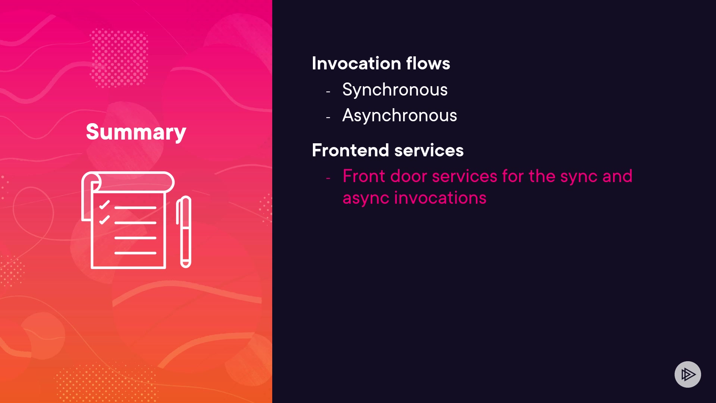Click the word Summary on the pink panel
(x=136, y=132)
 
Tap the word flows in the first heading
(x=428, y=63)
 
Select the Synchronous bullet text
(x=395, y=90)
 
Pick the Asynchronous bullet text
(x=400, y=115)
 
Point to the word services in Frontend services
(x=429, y=150)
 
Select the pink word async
(x=366, y=198)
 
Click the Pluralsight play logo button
(x=688, y=374)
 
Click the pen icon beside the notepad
(x=184, y=232)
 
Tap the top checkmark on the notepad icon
(x=104, y=204)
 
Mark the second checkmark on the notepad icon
(x=104, y=219)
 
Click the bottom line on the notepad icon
(x=135, y=253)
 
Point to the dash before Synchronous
(x=328, y=91)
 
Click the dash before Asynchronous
(x=328, y=118)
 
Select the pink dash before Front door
(x=328, y=178)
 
